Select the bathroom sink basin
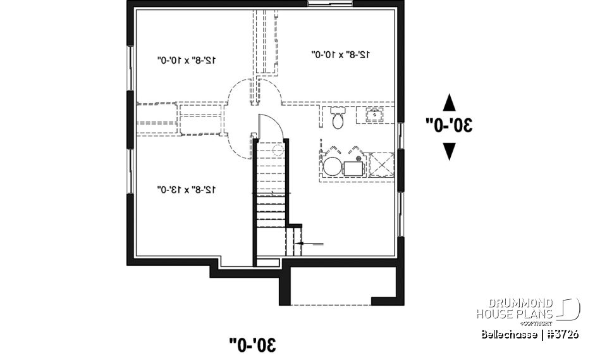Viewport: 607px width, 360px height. pyautogui.click(x=374, y=115)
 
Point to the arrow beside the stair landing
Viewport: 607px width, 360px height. pyautogui.click(x=311, y=243)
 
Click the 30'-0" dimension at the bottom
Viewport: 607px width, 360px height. pyautogui.click(x=253, y=345)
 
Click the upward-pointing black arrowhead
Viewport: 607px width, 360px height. pyautogui.click(x=449, y=102)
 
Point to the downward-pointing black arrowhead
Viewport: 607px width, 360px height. pyautogui.click(x=449, y=151)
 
